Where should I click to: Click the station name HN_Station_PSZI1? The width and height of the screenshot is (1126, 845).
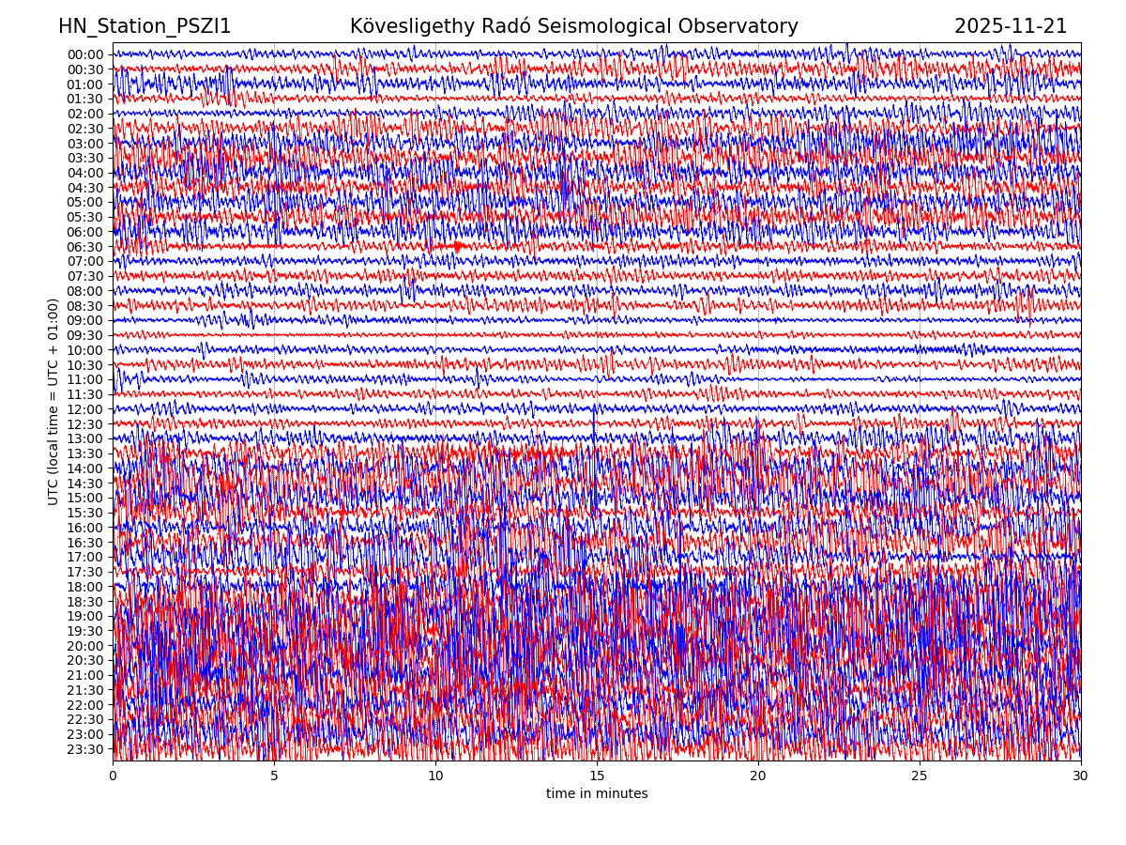145,26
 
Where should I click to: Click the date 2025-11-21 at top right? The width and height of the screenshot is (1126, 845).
1011,26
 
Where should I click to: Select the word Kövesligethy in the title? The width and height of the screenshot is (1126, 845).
414,26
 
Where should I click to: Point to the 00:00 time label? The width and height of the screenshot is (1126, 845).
85,54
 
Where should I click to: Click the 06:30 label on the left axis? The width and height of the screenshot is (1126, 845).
85,247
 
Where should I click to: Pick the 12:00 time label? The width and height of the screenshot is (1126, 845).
85,409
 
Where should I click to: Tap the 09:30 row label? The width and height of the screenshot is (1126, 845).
85,335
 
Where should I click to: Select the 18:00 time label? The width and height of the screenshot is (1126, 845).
85,587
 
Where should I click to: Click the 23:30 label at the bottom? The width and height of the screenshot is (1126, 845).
85,749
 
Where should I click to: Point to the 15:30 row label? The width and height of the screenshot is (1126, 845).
85,513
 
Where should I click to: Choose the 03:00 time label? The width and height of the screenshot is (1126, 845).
85,144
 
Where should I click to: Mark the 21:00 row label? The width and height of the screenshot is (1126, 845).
85,675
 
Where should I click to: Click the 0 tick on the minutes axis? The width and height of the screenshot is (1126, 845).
113,776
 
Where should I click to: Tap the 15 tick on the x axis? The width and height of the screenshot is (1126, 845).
597,776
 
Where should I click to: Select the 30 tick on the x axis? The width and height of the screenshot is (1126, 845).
1081,776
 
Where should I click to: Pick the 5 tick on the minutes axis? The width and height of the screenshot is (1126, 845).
274,776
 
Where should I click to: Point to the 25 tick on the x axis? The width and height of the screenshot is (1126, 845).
920,776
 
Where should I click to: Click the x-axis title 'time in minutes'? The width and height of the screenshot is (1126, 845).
597,794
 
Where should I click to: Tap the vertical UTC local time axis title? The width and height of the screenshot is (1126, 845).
53,402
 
